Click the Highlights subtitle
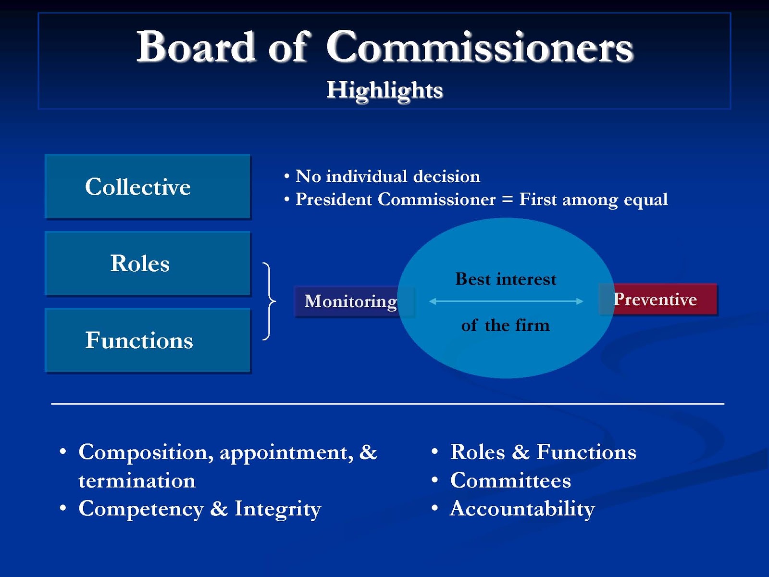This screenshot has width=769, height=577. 384,90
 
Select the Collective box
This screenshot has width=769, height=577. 148,187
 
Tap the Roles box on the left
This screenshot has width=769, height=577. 148,263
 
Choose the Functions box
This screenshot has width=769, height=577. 148,340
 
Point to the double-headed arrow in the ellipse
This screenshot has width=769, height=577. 506,301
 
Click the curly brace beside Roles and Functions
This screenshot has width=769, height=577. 270,301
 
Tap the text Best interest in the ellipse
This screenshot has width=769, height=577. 506,279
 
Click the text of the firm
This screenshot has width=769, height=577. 505,326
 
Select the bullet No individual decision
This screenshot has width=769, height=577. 387,176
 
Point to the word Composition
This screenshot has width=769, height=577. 143,452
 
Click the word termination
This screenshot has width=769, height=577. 137,481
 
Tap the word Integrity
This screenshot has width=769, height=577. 277,509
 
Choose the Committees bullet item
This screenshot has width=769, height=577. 510,481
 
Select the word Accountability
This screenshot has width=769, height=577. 522,509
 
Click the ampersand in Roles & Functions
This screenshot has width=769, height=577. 521,452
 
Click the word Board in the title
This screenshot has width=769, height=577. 195,47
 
